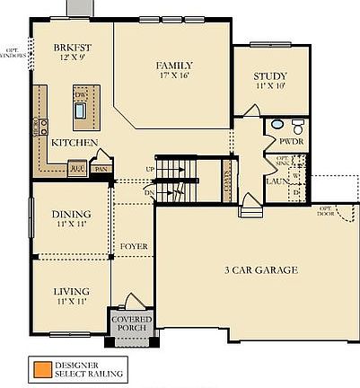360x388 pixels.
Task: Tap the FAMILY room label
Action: click(175, 66)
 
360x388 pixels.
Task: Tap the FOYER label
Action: click(133, 245)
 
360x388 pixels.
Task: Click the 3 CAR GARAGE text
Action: click(261, 269)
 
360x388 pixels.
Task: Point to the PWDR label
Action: click(293, 142)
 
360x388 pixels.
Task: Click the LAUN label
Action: click(276, 181)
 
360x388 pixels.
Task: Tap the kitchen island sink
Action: click(81, 111)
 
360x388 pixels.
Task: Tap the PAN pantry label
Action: click(101, 168)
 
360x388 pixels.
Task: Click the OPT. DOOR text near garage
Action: click(323, 212)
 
